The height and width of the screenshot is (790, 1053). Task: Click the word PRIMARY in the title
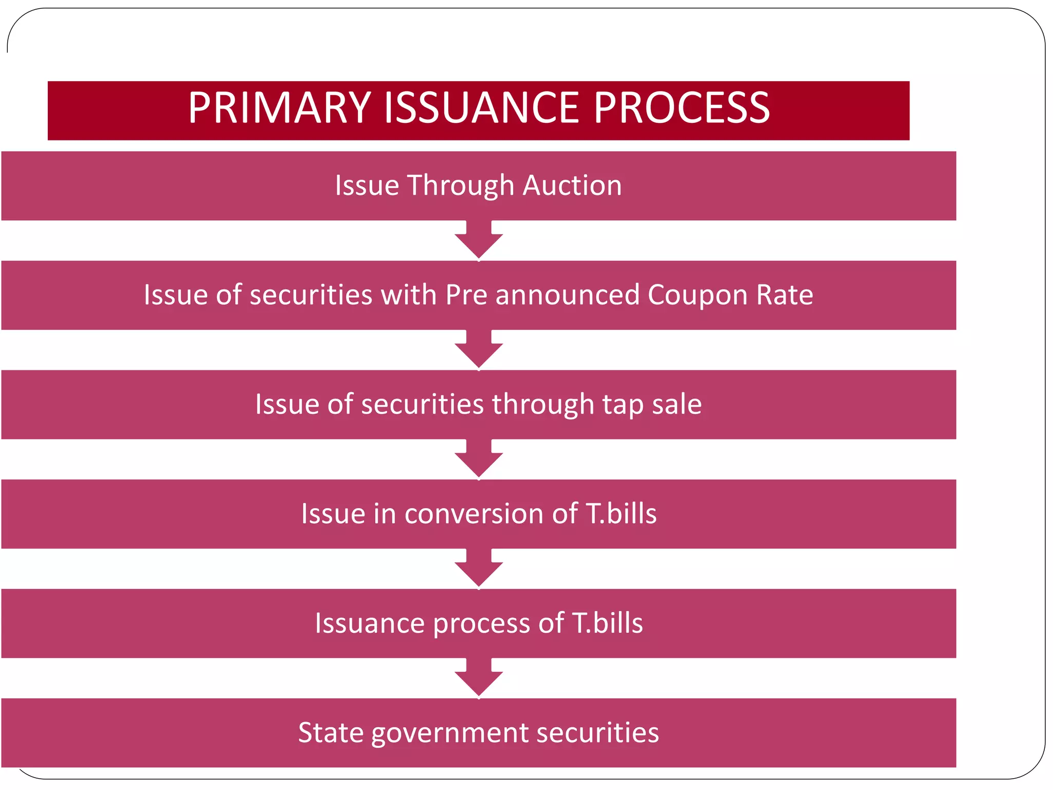point(279,108)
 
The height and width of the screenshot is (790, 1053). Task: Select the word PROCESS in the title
point(682,108)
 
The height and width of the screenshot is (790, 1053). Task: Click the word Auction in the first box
point(572,185)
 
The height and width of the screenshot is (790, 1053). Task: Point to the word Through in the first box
point(461,186)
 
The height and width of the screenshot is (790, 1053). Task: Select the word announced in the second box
point(567,295)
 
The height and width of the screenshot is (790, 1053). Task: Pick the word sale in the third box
point(677,404)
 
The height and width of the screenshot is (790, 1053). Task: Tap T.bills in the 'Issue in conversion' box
point(621,514)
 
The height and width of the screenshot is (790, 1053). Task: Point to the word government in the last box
point(449,733)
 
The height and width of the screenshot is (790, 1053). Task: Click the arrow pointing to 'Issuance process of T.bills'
point(479,569)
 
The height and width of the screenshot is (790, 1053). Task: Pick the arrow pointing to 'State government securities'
point(479,678)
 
